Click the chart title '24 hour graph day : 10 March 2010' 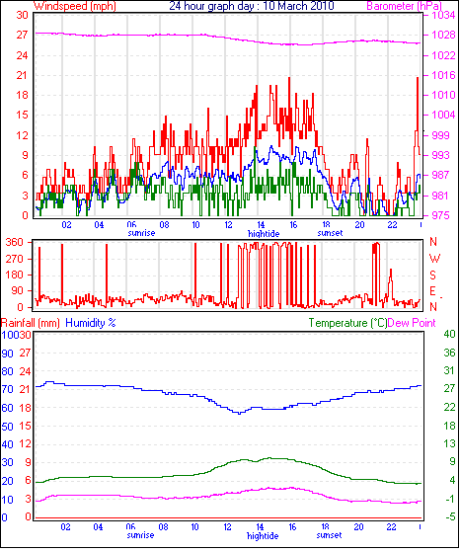point(252,6)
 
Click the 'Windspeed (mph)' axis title point(75,6)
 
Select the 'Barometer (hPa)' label point(404,6)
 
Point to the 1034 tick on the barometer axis point(443,15)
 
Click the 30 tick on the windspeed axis point(22,15)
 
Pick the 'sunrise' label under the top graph point(141,233)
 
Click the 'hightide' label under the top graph point(264,234)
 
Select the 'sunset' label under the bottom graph point(329,535)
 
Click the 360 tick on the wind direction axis point(15,242)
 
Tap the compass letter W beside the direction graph point(434,259)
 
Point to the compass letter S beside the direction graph point(433,275)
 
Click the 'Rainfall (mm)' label point(31,323)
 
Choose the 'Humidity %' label point(91,323)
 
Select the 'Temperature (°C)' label point(347,323)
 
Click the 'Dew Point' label point(412,323)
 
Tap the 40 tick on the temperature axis point(449,334)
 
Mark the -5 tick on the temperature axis point(450,517)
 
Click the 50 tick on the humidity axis point(7,427)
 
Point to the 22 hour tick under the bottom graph point(391,527)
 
